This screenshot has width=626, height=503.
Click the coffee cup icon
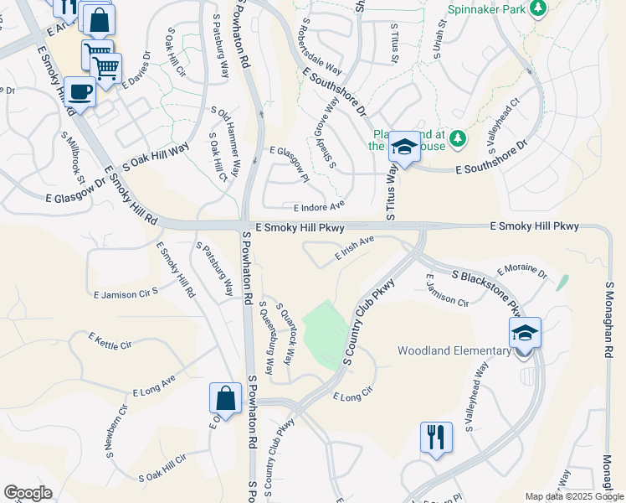coord(80,91)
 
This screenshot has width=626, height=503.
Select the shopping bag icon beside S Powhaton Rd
coord(225,397)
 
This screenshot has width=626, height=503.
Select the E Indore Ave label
coord(319,207)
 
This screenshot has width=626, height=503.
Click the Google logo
coord(28,493)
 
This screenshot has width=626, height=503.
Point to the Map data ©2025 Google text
coord(573,496)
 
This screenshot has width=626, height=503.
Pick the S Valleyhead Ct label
coord(503,125)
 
